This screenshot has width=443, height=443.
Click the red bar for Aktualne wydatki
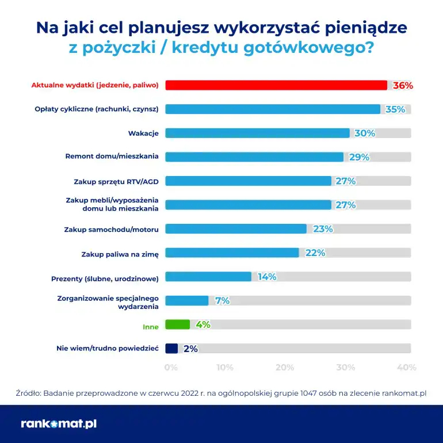(x=276, y=85)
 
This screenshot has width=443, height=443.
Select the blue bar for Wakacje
(x=257, y=133)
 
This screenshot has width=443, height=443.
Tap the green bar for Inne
(x=177, y=324)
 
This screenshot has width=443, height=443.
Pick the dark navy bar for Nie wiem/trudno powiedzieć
(x=171, y=348)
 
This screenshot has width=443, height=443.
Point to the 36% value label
(x=403, y=85)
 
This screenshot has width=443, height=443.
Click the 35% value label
(x=395, y=109)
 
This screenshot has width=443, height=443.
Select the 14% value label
(x=267, y=277)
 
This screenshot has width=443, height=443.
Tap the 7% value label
(x=222, y=300)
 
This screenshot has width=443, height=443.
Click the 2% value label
(x=190, y=349)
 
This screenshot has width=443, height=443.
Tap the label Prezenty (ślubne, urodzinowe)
(x=105, y=279)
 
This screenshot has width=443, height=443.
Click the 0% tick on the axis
(x=171, y=367)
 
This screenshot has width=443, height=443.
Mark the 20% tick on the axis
(x=285, y=367)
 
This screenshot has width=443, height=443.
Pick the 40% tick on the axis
(x=407, y=367)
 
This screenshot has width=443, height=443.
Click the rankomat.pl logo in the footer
(x=59, y=424)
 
